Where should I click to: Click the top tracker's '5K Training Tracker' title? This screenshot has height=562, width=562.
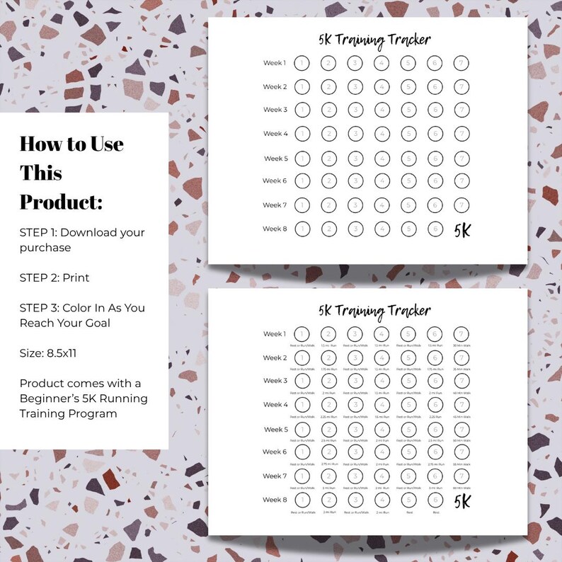[374, 40]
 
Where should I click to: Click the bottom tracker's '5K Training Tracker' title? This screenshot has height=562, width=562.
[374, 311]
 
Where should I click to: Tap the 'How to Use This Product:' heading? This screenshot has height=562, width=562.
[71, 173]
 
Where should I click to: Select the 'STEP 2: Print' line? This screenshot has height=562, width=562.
[55, 277]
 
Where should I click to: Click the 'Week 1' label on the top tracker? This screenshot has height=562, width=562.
[275, 63]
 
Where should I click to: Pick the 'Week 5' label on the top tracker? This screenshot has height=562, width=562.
[275, 159]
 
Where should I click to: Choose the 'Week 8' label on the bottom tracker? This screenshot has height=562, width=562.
[275, 500]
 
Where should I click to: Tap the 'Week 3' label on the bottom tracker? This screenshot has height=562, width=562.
[275, 381]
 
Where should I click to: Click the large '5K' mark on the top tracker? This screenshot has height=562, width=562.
[461, 230]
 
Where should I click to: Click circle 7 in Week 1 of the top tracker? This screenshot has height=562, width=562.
[461, 63]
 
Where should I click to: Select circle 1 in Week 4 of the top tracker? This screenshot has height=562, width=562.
[302, 134]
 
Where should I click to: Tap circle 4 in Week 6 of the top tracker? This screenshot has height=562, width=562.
[382, 181]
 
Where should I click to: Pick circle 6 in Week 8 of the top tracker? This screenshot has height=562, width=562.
[435, 229]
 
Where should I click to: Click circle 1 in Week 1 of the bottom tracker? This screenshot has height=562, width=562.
[302, 334]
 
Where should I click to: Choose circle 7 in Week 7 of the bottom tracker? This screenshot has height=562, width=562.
[461, 476]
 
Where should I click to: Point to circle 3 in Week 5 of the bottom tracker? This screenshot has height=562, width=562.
[355, 430]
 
